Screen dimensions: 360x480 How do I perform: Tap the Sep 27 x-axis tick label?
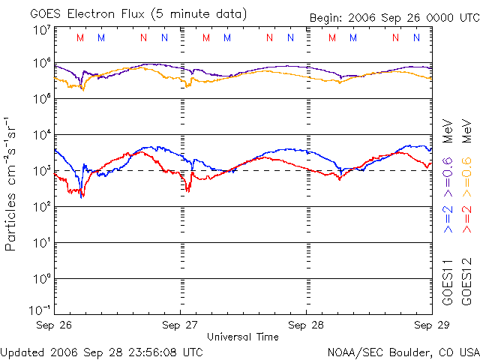pyautogui.click(x=181, y=325)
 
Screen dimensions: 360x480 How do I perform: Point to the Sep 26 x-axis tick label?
pyautogui.click(x=55, y=325)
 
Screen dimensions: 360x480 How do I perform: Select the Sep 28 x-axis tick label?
pyautogui.click(x=307, y=325)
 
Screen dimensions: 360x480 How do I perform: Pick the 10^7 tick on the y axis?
pyautogui.click(x=42, y=31)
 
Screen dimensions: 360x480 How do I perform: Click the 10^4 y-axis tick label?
pyautogui.click(x=42, y=136)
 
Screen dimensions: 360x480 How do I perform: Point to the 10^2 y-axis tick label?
pyautogui.click(x=42, y=208)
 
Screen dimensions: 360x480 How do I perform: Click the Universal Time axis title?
pyautogui.click(x=243, y=337)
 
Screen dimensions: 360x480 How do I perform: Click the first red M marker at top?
pyautogui.click(x=81, y=37)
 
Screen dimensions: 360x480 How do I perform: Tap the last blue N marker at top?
pyautogui.click(x=416, y=37)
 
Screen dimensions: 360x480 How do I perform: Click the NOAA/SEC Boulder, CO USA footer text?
pyautogui.click(x=402, y=352)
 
